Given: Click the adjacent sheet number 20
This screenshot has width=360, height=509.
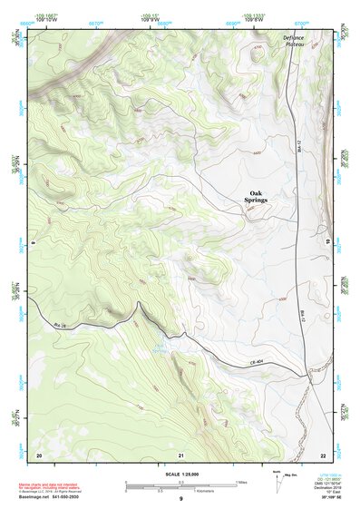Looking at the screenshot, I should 39,454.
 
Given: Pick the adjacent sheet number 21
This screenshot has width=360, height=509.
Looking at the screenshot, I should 181,454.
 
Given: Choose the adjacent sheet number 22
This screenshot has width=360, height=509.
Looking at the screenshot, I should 322,454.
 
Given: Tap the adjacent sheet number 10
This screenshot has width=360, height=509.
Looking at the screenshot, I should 327,242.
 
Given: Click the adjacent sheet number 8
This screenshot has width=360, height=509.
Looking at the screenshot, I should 32,242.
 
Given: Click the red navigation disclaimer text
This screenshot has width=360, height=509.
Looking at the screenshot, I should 52,485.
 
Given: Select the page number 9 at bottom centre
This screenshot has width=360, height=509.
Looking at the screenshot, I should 180,500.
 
